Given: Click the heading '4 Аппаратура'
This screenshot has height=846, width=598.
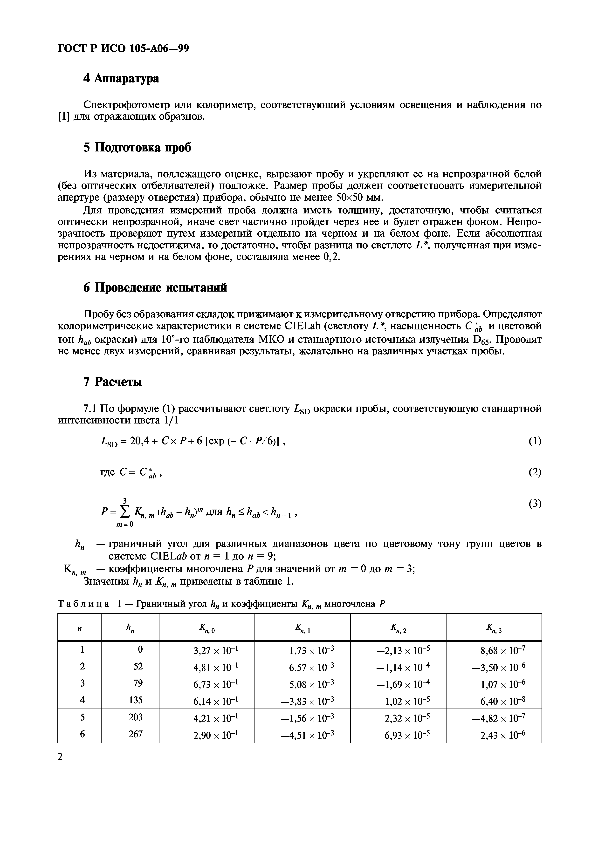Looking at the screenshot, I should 121,78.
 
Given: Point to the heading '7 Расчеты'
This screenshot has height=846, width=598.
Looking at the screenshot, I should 113,382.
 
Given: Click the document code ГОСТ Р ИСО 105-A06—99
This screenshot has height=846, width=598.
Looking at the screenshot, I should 124,48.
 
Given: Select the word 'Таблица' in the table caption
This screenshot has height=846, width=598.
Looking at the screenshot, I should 84,604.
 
